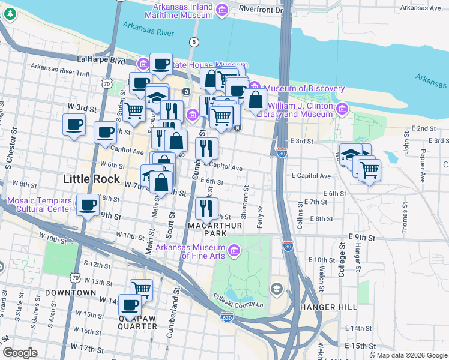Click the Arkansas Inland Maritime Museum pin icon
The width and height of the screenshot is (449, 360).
pos(222,10)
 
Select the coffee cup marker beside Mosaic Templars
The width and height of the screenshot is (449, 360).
pos(89,206)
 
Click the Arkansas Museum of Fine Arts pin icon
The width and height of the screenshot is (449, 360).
pos(234,249)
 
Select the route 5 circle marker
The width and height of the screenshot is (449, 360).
pos(193,42)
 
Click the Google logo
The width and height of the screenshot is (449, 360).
pos(20,353)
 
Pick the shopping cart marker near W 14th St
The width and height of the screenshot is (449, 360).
pos(141,290)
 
